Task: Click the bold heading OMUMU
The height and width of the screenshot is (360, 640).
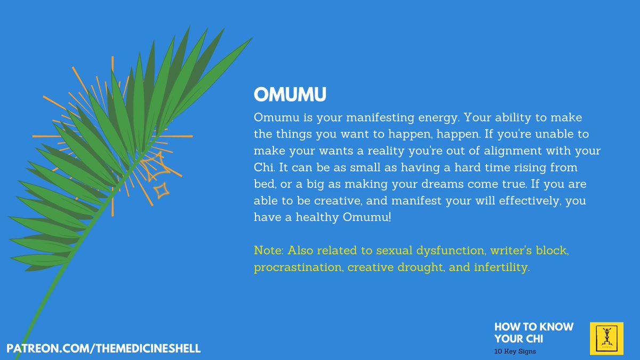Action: point(290,95)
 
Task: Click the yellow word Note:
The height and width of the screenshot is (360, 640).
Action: point(269,250)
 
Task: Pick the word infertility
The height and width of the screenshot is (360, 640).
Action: point(502,267)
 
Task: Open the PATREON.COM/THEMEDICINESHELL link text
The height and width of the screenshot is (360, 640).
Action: point(103,348)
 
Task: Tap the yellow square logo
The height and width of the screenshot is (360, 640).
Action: point(606,339)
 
